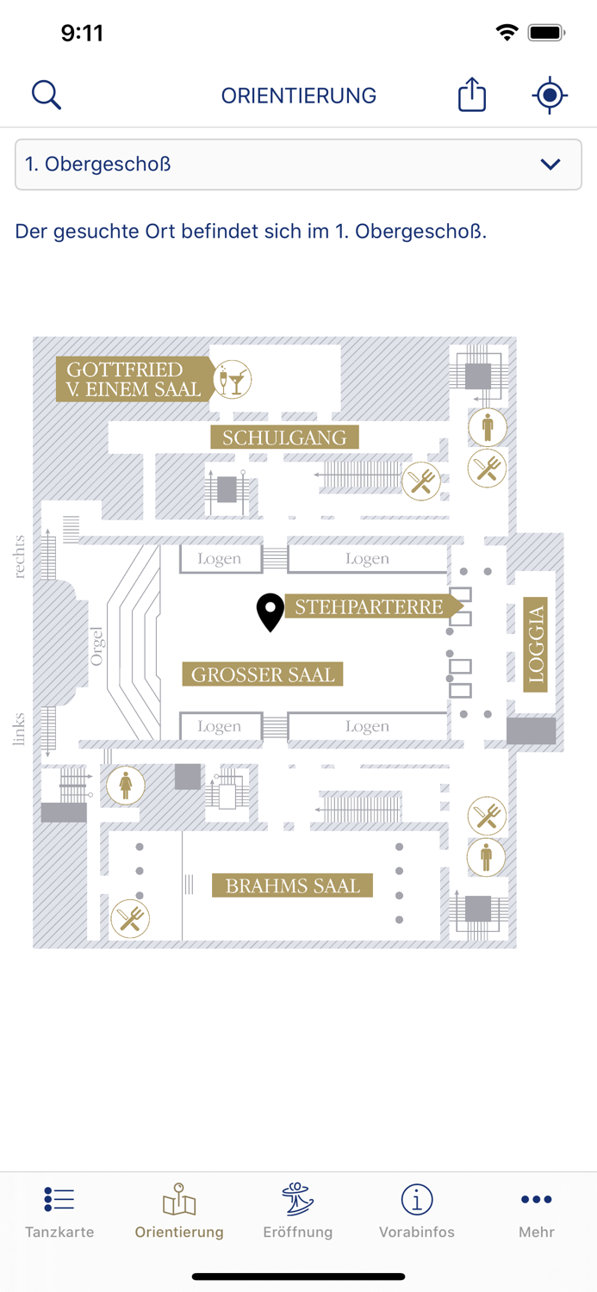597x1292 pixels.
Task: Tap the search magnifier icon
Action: (47, 95)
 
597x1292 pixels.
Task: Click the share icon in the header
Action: (472, 95)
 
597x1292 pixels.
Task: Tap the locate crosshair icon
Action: (550, 95)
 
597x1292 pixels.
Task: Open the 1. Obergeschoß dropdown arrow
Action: (550, 165)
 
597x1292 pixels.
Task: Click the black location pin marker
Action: (271, 611)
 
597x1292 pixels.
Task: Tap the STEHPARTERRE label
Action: (369, 607)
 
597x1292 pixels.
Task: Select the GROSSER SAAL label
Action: (263, 674)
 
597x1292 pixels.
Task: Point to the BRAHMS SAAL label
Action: (293, 885)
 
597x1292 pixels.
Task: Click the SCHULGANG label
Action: (284, 438)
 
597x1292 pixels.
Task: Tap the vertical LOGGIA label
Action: (536, 644)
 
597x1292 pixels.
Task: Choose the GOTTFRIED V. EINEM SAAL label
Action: (134, 380)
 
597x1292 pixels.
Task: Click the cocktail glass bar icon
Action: (232, 379)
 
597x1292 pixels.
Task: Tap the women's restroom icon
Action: (126, 785)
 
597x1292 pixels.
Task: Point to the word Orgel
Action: (96, 646)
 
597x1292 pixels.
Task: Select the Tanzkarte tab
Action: (59, 1211)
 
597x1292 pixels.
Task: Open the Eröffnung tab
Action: (298, 1211)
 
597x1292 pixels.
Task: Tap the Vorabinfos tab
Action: (417, 1211)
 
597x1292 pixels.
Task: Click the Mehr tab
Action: (536, 1211)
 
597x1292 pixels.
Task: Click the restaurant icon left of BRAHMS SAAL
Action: (130, 919)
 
